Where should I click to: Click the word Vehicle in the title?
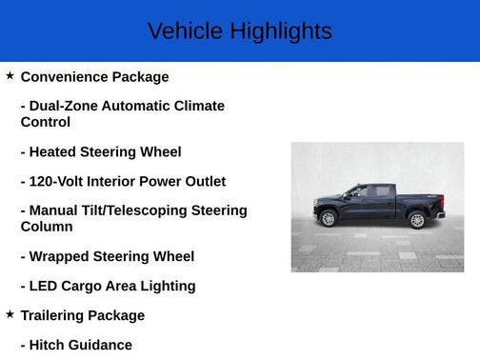coord(182,31)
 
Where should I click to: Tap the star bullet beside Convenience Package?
coord(10,75)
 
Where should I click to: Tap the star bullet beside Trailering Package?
coord(10,313)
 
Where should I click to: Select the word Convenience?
coord(64,76)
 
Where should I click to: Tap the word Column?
coord(47,227)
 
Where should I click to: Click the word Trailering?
coord(58,315)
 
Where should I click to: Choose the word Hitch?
coord(50,345)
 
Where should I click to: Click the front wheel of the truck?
coord(329,219)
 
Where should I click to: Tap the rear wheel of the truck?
coord(416,220)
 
